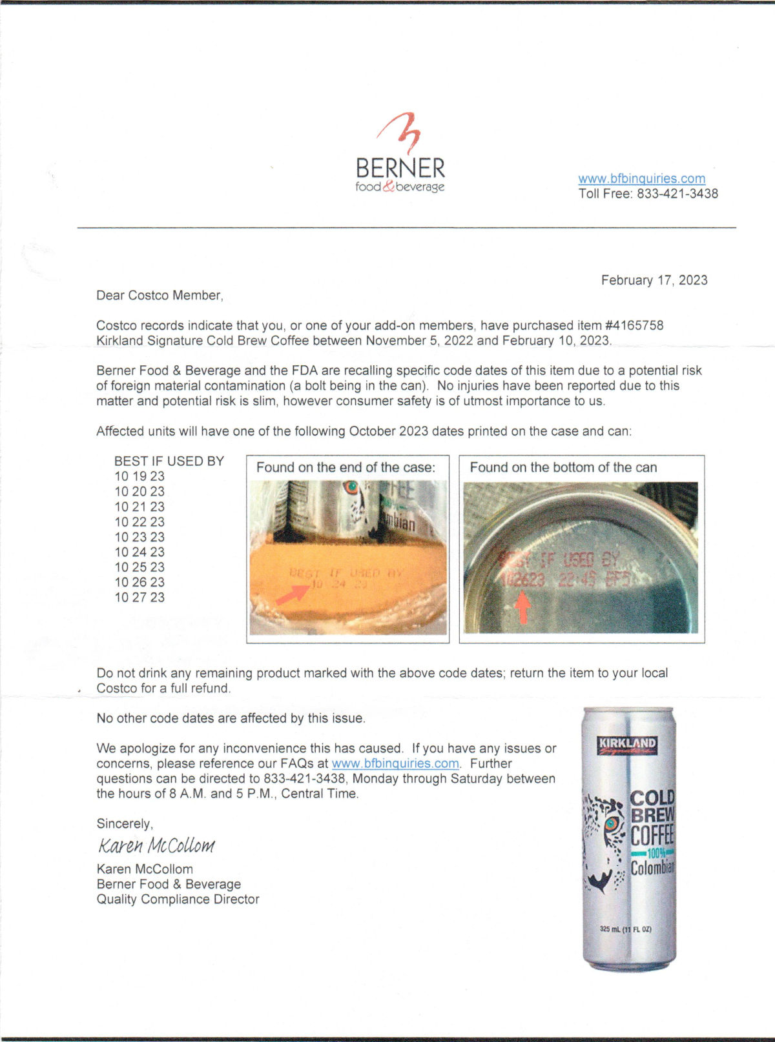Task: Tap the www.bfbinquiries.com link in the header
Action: [x=641, y=179]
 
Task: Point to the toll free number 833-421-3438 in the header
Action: [x=677, y=194]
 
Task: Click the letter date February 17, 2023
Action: [x=654, y=280]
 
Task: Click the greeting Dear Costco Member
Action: [x=160, y=296]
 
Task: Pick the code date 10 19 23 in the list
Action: [x=139, y=476]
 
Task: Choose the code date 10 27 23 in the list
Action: [x=139, y=597]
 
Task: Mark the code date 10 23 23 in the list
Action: [x=139, y=537]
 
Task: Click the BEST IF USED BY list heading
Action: [x=169, y=461]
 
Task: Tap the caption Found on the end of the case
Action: [x=346, y=467]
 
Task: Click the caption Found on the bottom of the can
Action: [x=563, y=467]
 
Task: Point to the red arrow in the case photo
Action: [x=293, y=593]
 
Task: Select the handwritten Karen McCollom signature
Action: [x=156, y=845]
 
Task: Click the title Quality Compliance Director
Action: [x=178, y=899]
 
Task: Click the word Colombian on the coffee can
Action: [x=653, y=867]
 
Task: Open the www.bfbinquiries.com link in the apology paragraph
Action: [x=395, y=764]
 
